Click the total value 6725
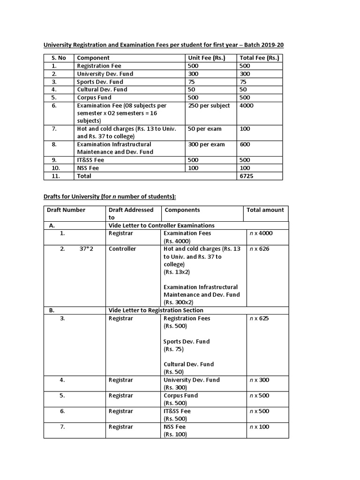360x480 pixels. (x=247, y=176)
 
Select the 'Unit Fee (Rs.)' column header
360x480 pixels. (x=207, y=58)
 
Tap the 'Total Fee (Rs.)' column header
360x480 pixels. (x=259, y=58)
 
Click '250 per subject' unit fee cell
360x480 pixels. (x=209, y=105)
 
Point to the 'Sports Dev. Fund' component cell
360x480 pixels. (x=100, y=82)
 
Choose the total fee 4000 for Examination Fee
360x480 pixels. (x=247, y=105)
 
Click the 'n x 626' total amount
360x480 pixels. (x=258, y=249)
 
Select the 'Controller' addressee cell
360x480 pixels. (x=122, y=249)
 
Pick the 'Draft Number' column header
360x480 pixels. (x=66, y=210)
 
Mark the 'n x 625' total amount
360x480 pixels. (x=258, y=318)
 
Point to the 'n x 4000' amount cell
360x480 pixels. (x=260, y=233)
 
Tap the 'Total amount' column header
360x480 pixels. (x=265, y=210)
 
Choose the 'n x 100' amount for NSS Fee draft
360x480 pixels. (x=258, y=427)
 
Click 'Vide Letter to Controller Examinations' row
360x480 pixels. (x=161, y=225)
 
